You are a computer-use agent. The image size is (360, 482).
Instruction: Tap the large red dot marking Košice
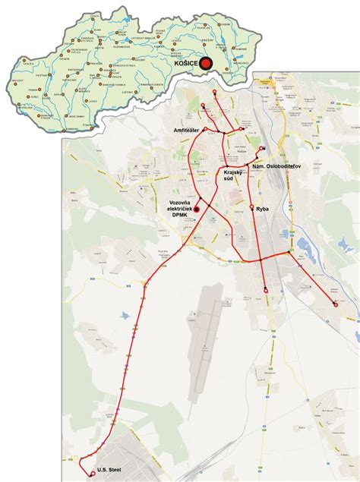pos(204,66)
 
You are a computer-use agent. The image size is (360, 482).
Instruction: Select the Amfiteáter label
pos(187,131)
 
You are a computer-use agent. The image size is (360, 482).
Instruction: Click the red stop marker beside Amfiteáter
pos(204,130)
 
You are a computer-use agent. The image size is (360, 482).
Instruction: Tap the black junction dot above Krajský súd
pos(226,166)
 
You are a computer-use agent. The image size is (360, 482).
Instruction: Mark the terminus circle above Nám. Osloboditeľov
pos(262,148)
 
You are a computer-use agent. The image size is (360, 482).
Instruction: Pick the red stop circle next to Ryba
pos(251,206)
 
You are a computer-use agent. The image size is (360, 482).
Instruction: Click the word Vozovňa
pos(179,202)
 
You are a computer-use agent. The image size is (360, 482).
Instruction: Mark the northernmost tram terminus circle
pos(214,92)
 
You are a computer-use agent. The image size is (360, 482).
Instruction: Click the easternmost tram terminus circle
pos(336,304)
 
